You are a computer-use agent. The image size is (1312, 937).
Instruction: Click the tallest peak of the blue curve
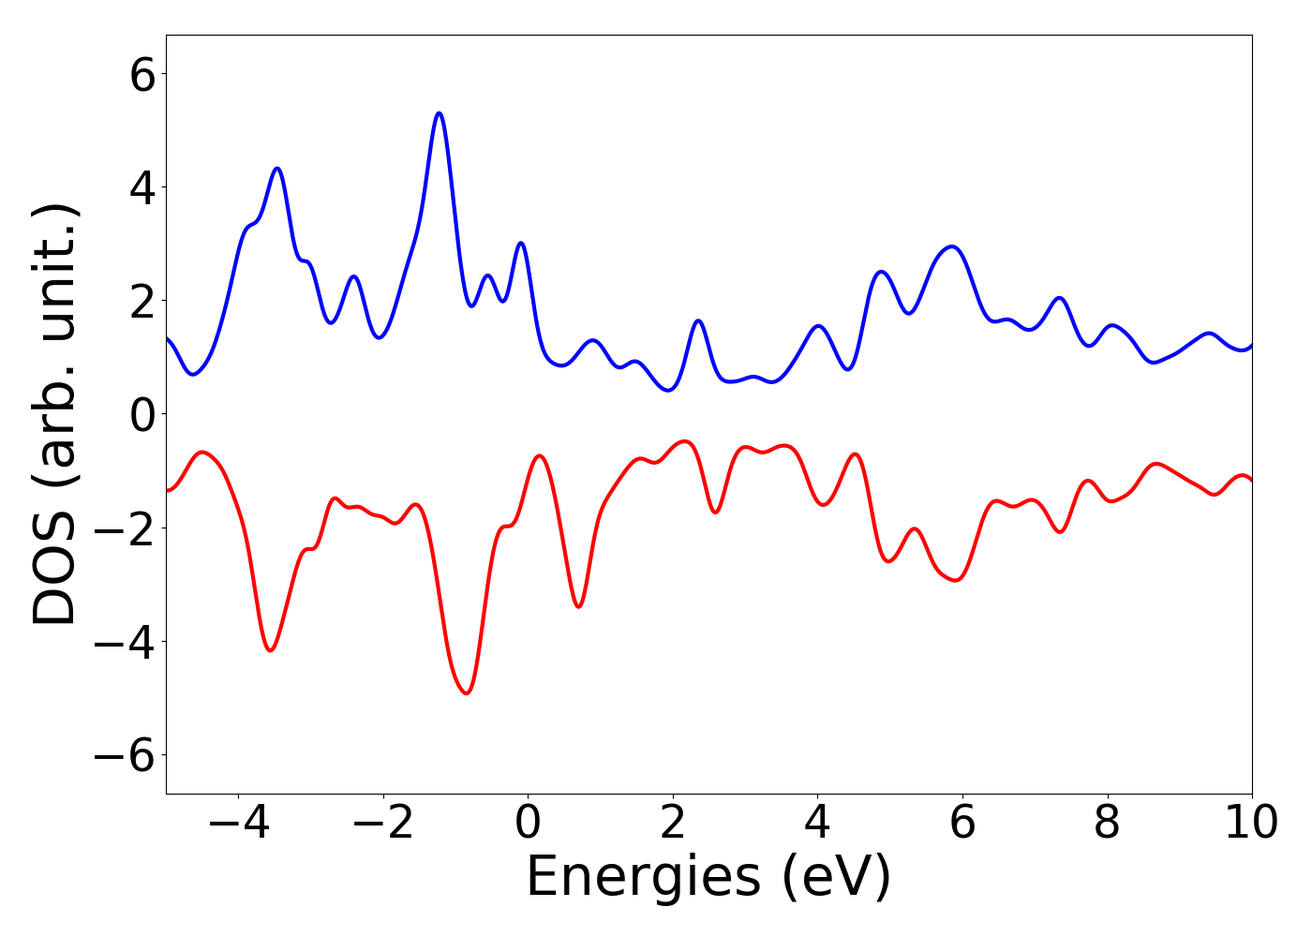[x=439, y=113]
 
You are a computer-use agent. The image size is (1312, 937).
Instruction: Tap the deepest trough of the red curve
[x=467, y=692]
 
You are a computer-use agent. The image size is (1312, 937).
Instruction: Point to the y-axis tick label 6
[x=142, y=74]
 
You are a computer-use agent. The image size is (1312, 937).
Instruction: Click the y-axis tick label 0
[x=142, y=414]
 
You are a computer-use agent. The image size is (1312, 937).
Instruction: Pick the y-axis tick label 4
[x=142, y=187]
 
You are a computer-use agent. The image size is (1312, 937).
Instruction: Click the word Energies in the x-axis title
[x=643, y=878]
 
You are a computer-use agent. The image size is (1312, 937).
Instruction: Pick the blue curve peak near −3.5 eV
[x=277, y=169]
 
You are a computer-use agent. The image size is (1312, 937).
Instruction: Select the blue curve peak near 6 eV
[x=952, y=246]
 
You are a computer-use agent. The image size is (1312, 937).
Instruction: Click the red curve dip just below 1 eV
[x=579, y=606]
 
